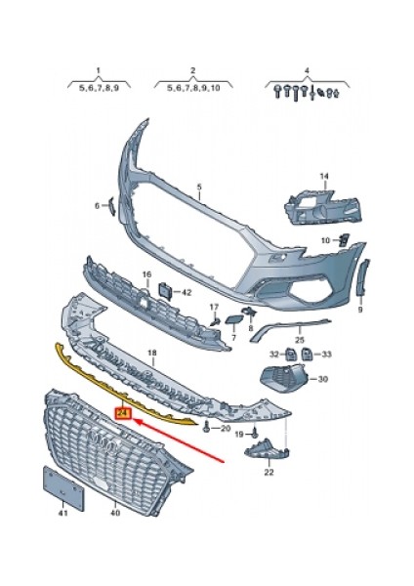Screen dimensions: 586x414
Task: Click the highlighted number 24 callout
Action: click(x=121, y=414)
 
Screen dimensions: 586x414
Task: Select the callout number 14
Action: click(x=325, y=177)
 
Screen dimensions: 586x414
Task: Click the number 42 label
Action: click(x=186, y=292)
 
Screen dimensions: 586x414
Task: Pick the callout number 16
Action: click(x=147, y=276)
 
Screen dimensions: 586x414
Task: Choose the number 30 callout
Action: click(x=322, y=378)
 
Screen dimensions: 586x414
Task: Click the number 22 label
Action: click(x=268, y=472)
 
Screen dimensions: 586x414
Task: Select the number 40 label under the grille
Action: click(x=114, y=512)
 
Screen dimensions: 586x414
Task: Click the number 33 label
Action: click(x=326, y=354)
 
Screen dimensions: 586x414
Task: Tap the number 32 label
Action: click(x=275, y=354)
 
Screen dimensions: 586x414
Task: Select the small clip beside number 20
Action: click(x=207, y=428)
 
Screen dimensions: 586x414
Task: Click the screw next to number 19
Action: click(x=253, y=432)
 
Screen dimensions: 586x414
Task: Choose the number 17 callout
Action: click(x=213, y=307)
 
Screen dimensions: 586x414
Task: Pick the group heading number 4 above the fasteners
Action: click(x=306, y=70)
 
